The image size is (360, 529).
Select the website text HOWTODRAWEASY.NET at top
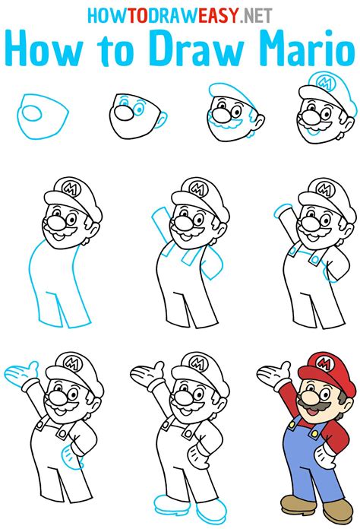179,15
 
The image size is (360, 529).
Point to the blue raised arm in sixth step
162,226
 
